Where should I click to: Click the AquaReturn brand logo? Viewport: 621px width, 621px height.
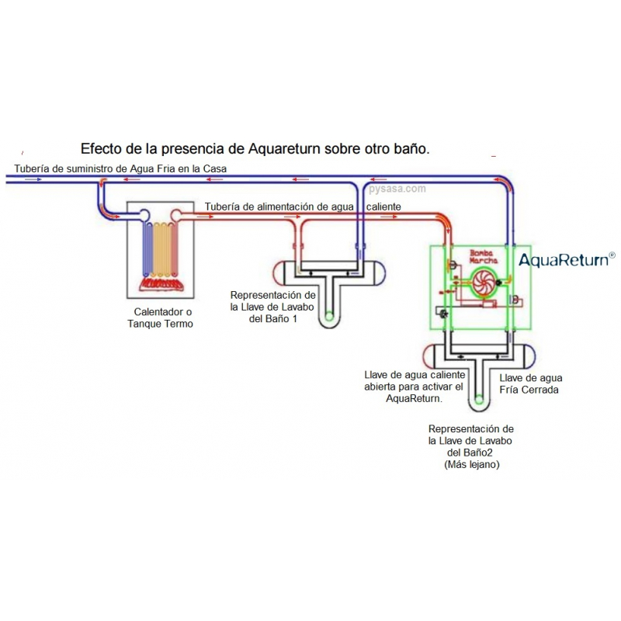[x=567, y=259]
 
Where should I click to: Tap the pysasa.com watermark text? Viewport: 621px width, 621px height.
[x=397, y=189]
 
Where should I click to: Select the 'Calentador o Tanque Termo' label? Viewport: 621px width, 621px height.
[x=161, y=317]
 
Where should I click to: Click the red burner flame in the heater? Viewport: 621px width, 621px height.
[x=161, y=283]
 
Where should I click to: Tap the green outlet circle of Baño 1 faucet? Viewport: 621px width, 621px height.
[x=328, y=316]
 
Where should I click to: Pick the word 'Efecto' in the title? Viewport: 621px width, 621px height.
[x=102, y=147]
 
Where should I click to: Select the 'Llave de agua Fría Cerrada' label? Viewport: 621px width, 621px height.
[x=529, y=383]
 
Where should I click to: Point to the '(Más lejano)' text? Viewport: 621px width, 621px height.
[x=471, y=464]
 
